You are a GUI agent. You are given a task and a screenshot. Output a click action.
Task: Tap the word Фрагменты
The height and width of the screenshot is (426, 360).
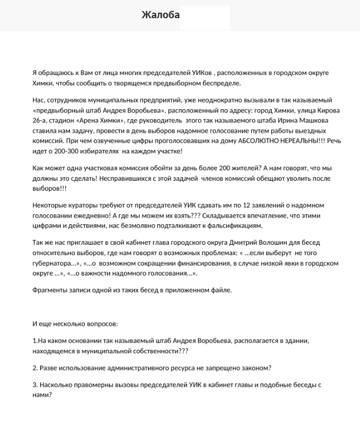pyautogui.click(x=51, y=290)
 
